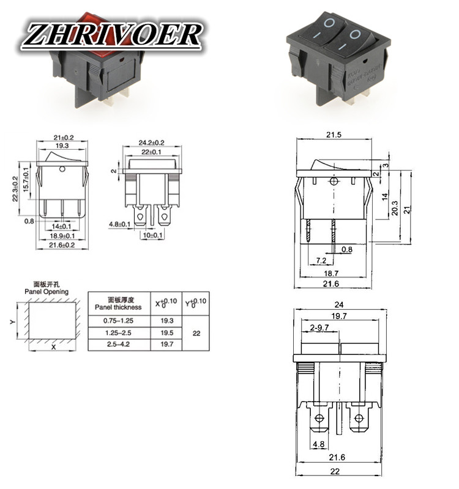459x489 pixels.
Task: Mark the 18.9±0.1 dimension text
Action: point(62,235)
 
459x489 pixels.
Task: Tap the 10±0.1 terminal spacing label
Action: point(154,235)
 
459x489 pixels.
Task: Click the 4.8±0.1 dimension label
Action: point(120,225)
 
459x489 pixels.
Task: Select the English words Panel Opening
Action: point(47,292)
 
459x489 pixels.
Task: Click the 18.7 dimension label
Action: point(331,274)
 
